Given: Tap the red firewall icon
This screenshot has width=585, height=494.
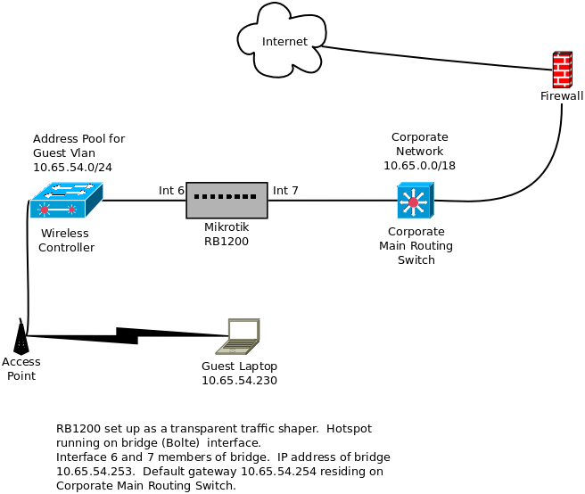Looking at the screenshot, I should coord(562,70).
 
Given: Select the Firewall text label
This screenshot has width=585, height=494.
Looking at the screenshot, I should coord(562,95).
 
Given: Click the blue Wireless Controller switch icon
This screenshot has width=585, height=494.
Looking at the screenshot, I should coord(66,201).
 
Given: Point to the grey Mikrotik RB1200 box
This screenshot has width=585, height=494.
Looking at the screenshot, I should coord(227,200).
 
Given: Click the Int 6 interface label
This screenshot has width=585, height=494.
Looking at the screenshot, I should coord(171,190).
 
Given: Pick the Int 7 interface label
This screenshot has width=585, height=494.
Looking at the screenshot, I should coord(285,190).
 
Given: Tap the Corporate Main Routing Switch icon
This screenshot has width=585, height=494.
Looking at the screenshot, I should coord(415,201).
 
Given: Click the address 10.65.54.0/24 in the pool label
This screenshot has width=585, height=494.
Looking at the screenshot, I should coord(72,167).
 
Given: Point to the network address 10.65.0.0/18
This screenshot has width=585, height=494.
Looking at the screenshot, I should coord(419,165).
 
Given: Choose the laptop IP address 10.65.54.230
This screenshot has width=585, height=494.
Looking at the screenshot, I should coord(239,381).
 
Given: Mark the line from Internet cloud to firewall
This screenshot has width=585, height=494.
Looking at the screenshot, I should coord(437,57).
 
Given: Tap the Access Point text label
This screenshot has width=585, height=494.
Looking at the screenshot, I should coord(21,368).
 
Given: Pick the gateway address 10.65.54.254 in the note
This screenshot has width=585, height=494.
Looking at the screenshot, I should coord(275,472).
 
